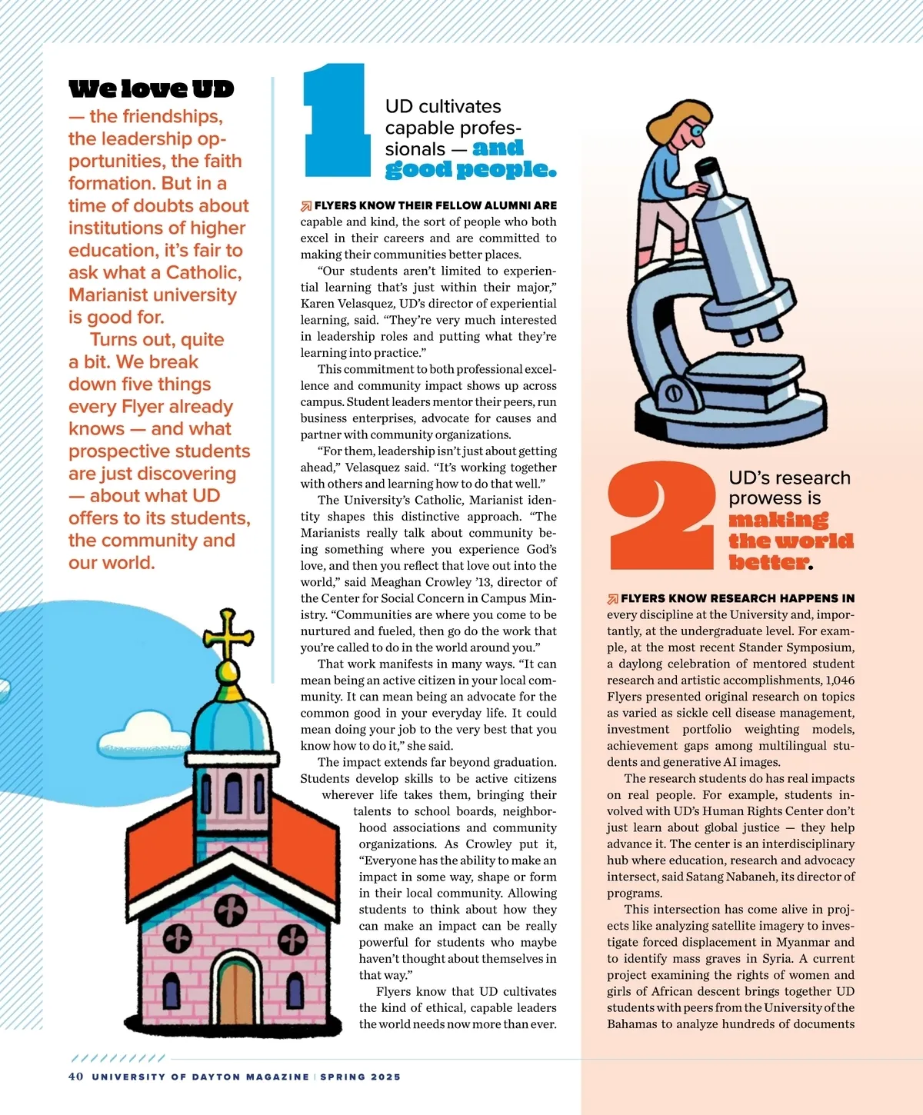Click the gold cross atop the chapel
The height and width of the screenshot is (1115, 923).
[228, 634]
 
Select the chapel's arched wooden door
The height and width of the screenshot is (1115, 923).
[236, 991]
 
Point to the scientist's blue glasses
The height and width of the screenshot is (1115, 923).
[697, 131]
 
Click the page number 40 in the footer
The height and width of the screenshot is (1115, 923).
[75, 1077]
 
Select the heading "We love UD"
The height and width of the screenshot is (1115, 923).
[151, 89]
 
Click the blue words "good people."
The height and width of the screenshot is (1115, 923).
[470, 169]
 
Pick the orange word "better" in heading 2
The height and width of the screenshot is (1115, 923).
[768, 563]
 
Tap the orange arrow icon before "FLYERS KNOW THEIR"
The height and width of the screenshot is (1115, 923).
[306, 206]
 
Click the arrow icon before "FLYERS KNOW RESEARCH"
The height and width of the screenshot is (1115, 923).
[613, 599]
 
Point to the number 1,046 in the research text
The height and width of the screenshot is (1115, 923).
[839, 681]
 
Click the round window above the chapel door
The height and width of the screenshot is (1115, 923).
[230, 911]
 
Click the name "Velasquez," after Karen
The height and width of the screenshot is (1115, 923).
[367, 304]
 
